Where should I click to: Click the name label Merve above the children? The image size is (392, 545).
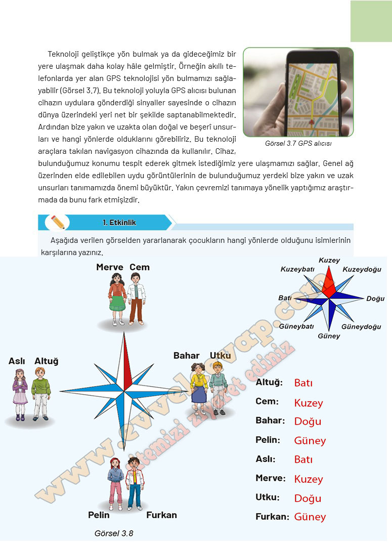pyautogui.click(x=110, y=267)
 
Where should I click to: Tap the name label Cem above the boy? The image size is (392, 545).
pyautogui.click(x=139, y=267)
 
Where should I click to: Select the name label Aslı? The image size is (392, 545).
pyautogui.click(x=17, y=361)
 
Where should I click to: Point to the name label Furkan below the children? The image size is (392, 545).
pyautogui.click(x=161, y=515)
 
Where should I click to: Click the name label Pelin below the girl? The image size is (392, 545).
pyautogui.click(x=99, y=515)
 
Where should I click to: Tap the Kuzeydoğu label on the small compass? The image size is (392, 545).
pyautogui.click(x=362, y=269)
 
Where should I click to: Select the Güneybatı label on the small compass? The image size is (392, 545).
pyautogui.click(x=296, y=326)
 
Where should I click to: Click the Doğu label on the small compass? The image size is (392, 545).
pyautogui.click(x=375, y=299)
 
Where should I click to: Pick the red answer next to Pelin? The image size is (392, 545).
pyautogui.click(x=310, y=441)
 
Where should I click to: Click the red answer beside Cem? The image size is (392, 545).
pyautogui.click(x=308, y=403)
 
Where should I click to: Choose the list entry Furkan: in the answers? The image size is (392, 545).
pyautogui.click(x=272, y=517)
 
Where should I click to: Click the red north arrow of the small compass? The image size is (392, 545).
pyautogui.click(x=329, y=281)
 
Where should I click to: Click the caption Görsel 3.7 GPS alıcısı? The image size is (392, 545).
pyautogui.click(x=298, y=143)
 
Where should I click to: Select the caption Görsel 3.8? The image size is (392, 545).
pyautogui.click(x=114, y=533)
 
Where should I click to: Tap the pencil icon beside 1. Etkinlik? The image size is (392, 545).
pyautogui.click(x=58, y=222)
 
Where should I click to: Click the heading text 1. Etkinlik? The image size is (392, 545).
pyautogui.click(x=119, y=222)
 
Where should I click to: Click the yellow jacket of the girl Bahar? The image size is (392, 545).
pyautogui.click(x=199, y=381)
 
